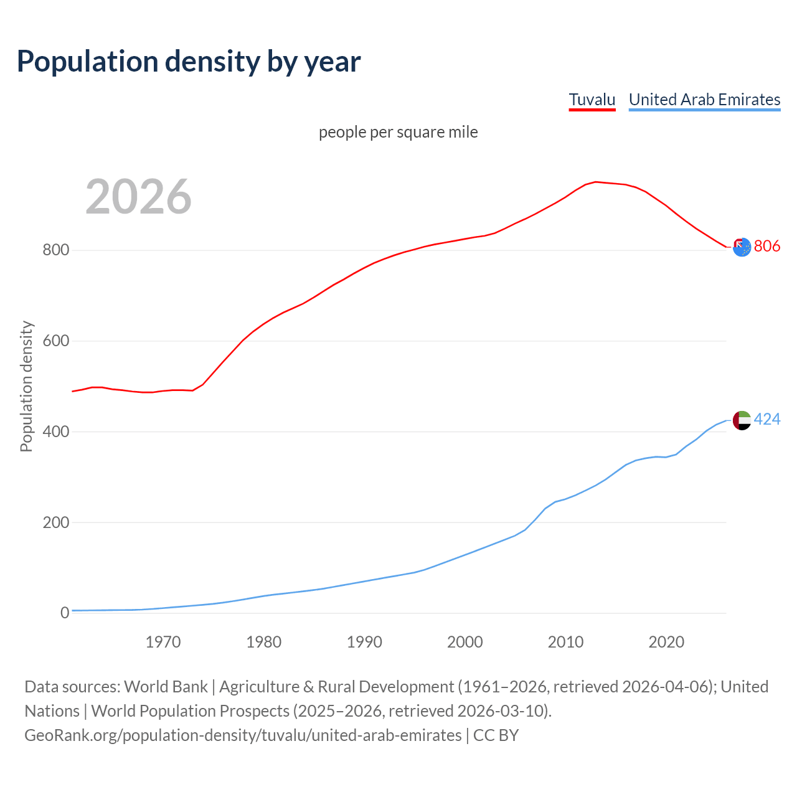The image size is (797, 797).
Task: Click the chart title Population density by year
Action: (x=189, y=61)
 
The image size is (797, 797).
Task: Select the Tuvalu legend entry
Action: (x=592, y=100)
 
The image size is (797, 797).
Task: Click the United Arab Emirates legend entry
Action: (x=704, y=100)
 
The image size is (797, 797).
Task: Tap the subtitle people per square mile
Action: (x=398, y=132)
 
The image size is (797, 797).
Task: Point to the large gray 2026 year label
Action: (x=138, y=197)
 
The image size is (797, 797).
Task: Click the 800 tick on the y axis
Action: (x=55, y=250)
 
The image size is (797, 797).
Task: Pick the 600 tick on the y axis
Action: (x=55, y=341)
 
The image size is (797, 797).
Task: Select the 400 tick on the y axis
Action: (x=55, y=432)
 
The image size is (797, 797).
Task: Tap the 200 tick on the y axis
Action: (x=55, y=522)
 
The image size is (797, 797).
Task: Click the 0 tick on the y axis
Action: (x=65, y=613)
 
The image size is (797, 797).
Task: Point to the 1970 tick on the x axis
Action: (x=163, y=642)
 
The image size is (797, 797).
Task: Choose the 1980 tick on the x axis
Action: (x=264, y=642)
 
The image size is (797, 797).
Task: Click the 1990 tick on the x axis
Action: (x=364, y=642)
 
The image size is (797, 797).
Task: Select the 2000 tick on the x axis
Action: (x=465, y=642)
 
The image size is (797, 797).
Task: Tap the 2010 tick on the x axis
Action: (x=565, y=642)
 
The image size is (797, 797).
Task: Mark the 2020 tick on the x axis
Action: (x=666, y=642)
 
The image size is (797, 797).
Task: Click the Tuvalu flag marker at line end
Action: (x=742, y=247)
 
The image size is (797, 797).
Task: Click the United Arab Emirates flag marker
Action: (x=742, y=420)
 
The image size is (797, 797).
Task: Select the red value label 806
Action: (x=767, y=247)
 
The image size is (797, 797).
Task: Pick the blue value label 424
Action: (x=767, y=420)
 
